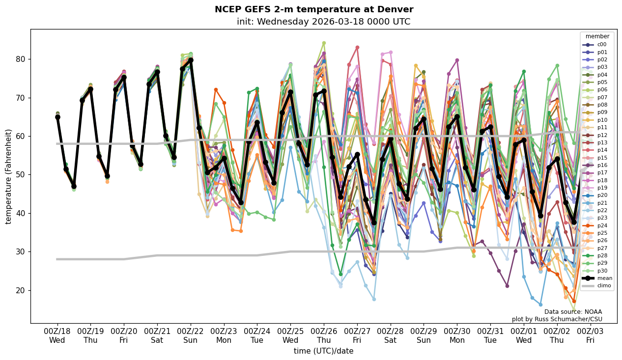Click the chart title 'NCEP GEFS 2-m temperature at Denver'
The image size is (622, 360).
[x=314, y=9]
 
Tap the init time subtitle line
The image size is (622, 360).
[x=323, y=22]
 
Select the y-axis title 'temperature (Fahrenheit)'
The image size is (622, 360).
[x=9, y=176]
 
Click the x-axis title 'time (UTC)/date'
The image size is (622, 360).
[x=323, y=351]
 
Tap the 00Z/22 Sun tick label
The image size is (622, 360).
[x=191, y=335]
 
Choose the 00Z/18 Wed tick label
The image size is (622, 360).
[x=57, y=335]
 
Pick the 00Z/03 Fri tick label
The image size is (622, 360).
[x=590, y=335]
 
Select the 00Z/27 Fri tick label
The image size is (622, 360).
[x=357, y=335]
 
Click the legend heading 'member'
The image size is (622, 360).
[x=597, y=36]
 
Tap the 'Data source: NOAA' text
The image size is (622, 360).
[x=573, y=312]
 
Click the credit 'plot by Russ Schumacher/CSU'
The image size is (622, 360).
[x=557, y=319]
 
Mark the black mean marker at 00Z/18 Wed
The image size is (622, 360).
[x=57, y=117]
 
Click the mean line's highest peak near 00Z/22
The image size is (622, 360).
[x=191, y=60]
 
